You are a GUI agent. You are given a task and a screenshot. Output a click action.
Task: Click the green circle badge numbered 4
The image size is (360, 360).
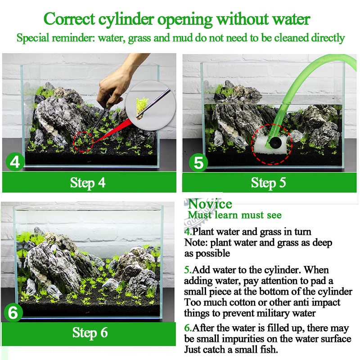point(15,162)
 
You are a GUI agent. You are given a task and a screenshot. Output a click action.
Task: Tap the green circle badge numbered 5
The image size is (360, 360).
point(198,162)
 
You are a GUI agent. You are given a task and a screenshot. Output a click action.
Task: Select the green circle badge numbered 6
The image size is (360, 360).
point(13,312)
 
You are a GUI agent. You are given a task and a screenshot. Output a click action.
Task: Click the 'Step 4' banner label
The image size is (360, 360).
point(88,183)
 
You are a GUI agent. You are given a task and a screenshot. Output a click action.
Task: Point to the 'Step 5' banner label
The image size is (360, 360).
point(268,183)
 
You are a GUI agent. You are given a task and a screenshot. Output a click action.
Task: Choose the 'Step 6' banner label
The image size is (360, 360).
point(90,333)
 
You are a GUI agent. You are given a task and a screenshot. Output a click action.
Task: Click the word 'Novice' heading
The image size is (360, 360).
point(210,204)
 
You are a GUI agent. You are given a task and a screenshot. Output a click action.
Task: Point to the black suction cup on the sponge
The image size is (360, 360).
point(274,143)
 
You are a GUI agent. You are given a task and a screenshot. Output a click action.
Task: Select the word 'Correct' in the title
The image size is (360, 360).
point(69,19)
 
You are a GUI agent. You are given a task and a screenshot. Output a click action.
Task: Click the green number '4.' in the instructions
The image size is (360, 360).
point(188,232)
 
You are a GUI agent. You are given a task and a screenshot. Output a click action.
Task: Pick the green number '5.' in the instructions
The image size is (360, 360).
point(188,270)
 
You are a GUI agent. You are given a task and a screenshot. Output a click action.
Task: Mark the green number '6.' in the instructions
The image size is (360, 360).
point(188,328)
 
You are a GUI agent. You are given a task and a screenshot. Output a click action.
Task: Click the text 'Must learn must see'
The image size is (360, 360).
point(234,216)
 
